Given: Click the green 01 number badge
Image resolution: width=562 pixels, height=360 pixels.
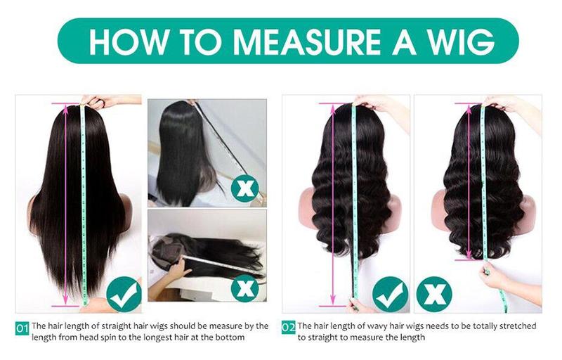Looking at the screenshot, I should [22, 327].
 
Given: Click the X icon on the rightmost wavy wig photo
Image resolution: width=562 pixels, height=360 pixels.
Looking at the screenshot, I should [433, 295].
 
